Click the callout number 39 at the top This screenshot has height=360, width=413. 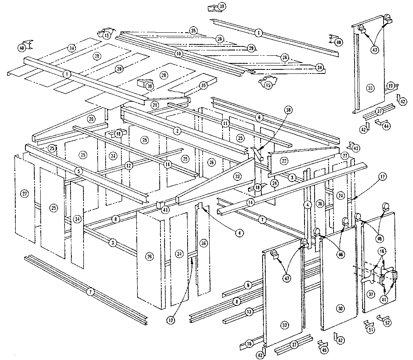pos(222,6)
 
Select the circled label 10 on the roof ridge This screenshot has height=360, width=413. pos(179,54)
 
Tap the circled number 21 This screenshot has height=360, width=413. pos(154,105)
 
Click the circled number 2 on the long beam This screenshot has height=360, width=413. pos(177,131)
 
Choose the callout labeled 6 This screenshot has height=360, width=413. pos(260,117)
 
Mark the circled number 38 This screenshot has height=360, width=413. pos(288,110)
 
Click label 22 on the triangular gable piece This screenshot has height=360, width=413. pos(285,161)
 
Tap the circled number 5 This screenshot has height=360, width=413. pos(79,171)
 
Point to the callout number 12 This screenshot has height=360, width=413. pos(128,165)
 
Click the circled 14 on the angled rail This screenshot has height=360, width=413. pos(251,202)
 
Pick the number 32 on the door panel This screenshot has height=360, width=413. pos(285,325)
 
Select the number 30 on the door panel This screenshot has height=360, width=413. pos(340,308)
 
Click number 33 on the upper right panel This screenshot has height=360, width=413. pos(370,88)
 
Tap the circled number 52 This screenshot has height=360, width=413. pos(388,323)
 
